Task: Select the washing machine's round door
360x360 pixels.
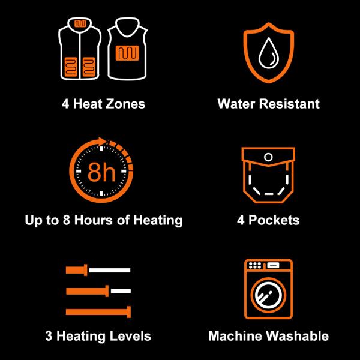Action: tap(268, 295)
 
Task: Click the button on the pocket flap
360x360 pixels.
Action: tap(268, 157)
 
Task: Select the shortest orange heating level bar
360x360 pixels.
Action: tap(76, 271)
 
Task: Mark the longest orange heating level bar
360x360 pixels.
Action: tap(97, 311)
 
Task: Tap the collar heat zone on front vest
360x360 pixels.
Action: tap(77, 25)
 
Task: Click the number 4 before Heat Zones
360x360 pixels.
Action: tap(65, 104)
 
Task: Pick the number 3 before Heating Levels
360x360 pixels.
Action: tap(48, 335)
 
